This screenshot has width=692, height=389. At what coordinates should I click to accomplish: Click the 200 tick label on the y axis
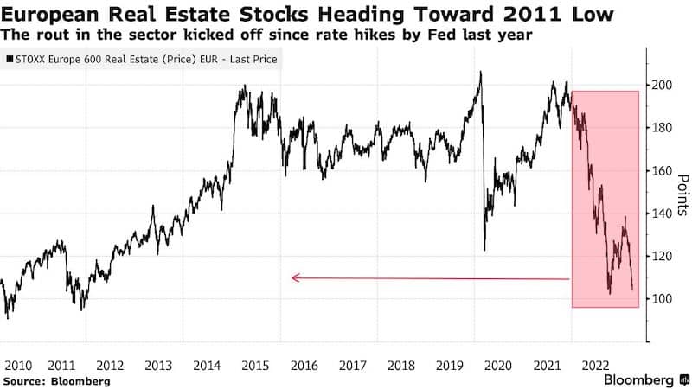pyautogui.click(x=662, y=85)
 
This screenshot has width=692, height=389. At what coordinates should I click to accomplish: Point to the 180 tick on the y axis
pyautogui.click(x=662, y=128)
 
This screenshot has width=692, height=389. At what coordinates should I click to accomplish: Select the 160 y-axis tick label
pyautogui.click(x=662, y=171)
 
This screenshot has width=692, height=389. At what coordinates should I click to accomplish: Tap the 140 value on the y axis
pyautogui.click(x=662, y=214)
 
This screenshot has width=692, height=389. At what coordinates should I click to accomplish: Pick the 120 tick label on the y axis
pyautogui.click(x=662, y=257)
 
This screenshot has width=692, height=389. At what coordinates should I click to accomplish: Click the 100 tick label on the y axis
pyautogui.click(x=662, y=299)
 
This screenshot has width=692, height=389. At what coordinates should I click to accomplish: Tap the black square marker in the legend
pyautogui.click(x=9, y=61)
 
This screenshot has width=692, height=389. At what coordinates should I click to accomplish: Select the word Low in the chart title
pyautogui.click(x=595, y=16)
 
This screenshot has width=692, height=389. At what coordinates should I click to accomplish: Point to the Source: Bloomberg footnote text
pyautogui.click(x=56, y=380)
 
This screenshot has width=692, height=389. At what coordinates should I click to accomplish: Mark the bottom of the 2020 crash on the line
pyautogui.click(x=484, y=250)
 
